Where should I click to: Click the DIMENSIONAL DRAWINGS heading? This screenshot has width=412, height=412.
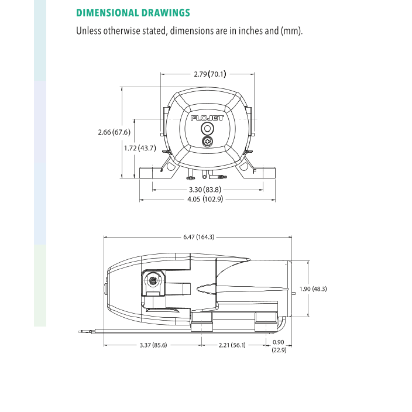point(133,12)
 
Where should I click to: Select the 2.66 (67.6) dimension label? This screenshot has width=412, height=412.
point(114,132)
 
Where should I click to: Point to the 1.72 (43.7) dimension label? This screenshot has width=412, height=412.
point(140,148)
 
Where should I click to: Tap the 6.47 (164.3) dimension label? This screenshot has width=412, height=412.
point(199,237)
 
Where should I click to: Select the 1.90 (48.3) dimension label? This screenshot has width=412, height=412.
point(313,289)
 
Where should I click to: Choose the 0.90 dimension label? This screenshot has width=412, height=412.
point(278,342)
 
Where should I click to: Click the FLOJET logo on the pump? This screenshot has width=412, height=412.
point(207,118)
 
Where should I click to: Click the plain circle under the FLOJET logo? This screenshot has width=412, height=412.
point(207,128)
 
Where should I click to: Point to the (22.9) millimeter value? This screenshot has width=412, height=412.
point(278,350)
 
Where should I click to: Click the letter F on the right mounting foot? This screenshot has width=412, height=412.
point(254,171)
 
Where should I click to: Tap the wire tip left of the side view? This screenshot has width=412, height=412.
point(79,332)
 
